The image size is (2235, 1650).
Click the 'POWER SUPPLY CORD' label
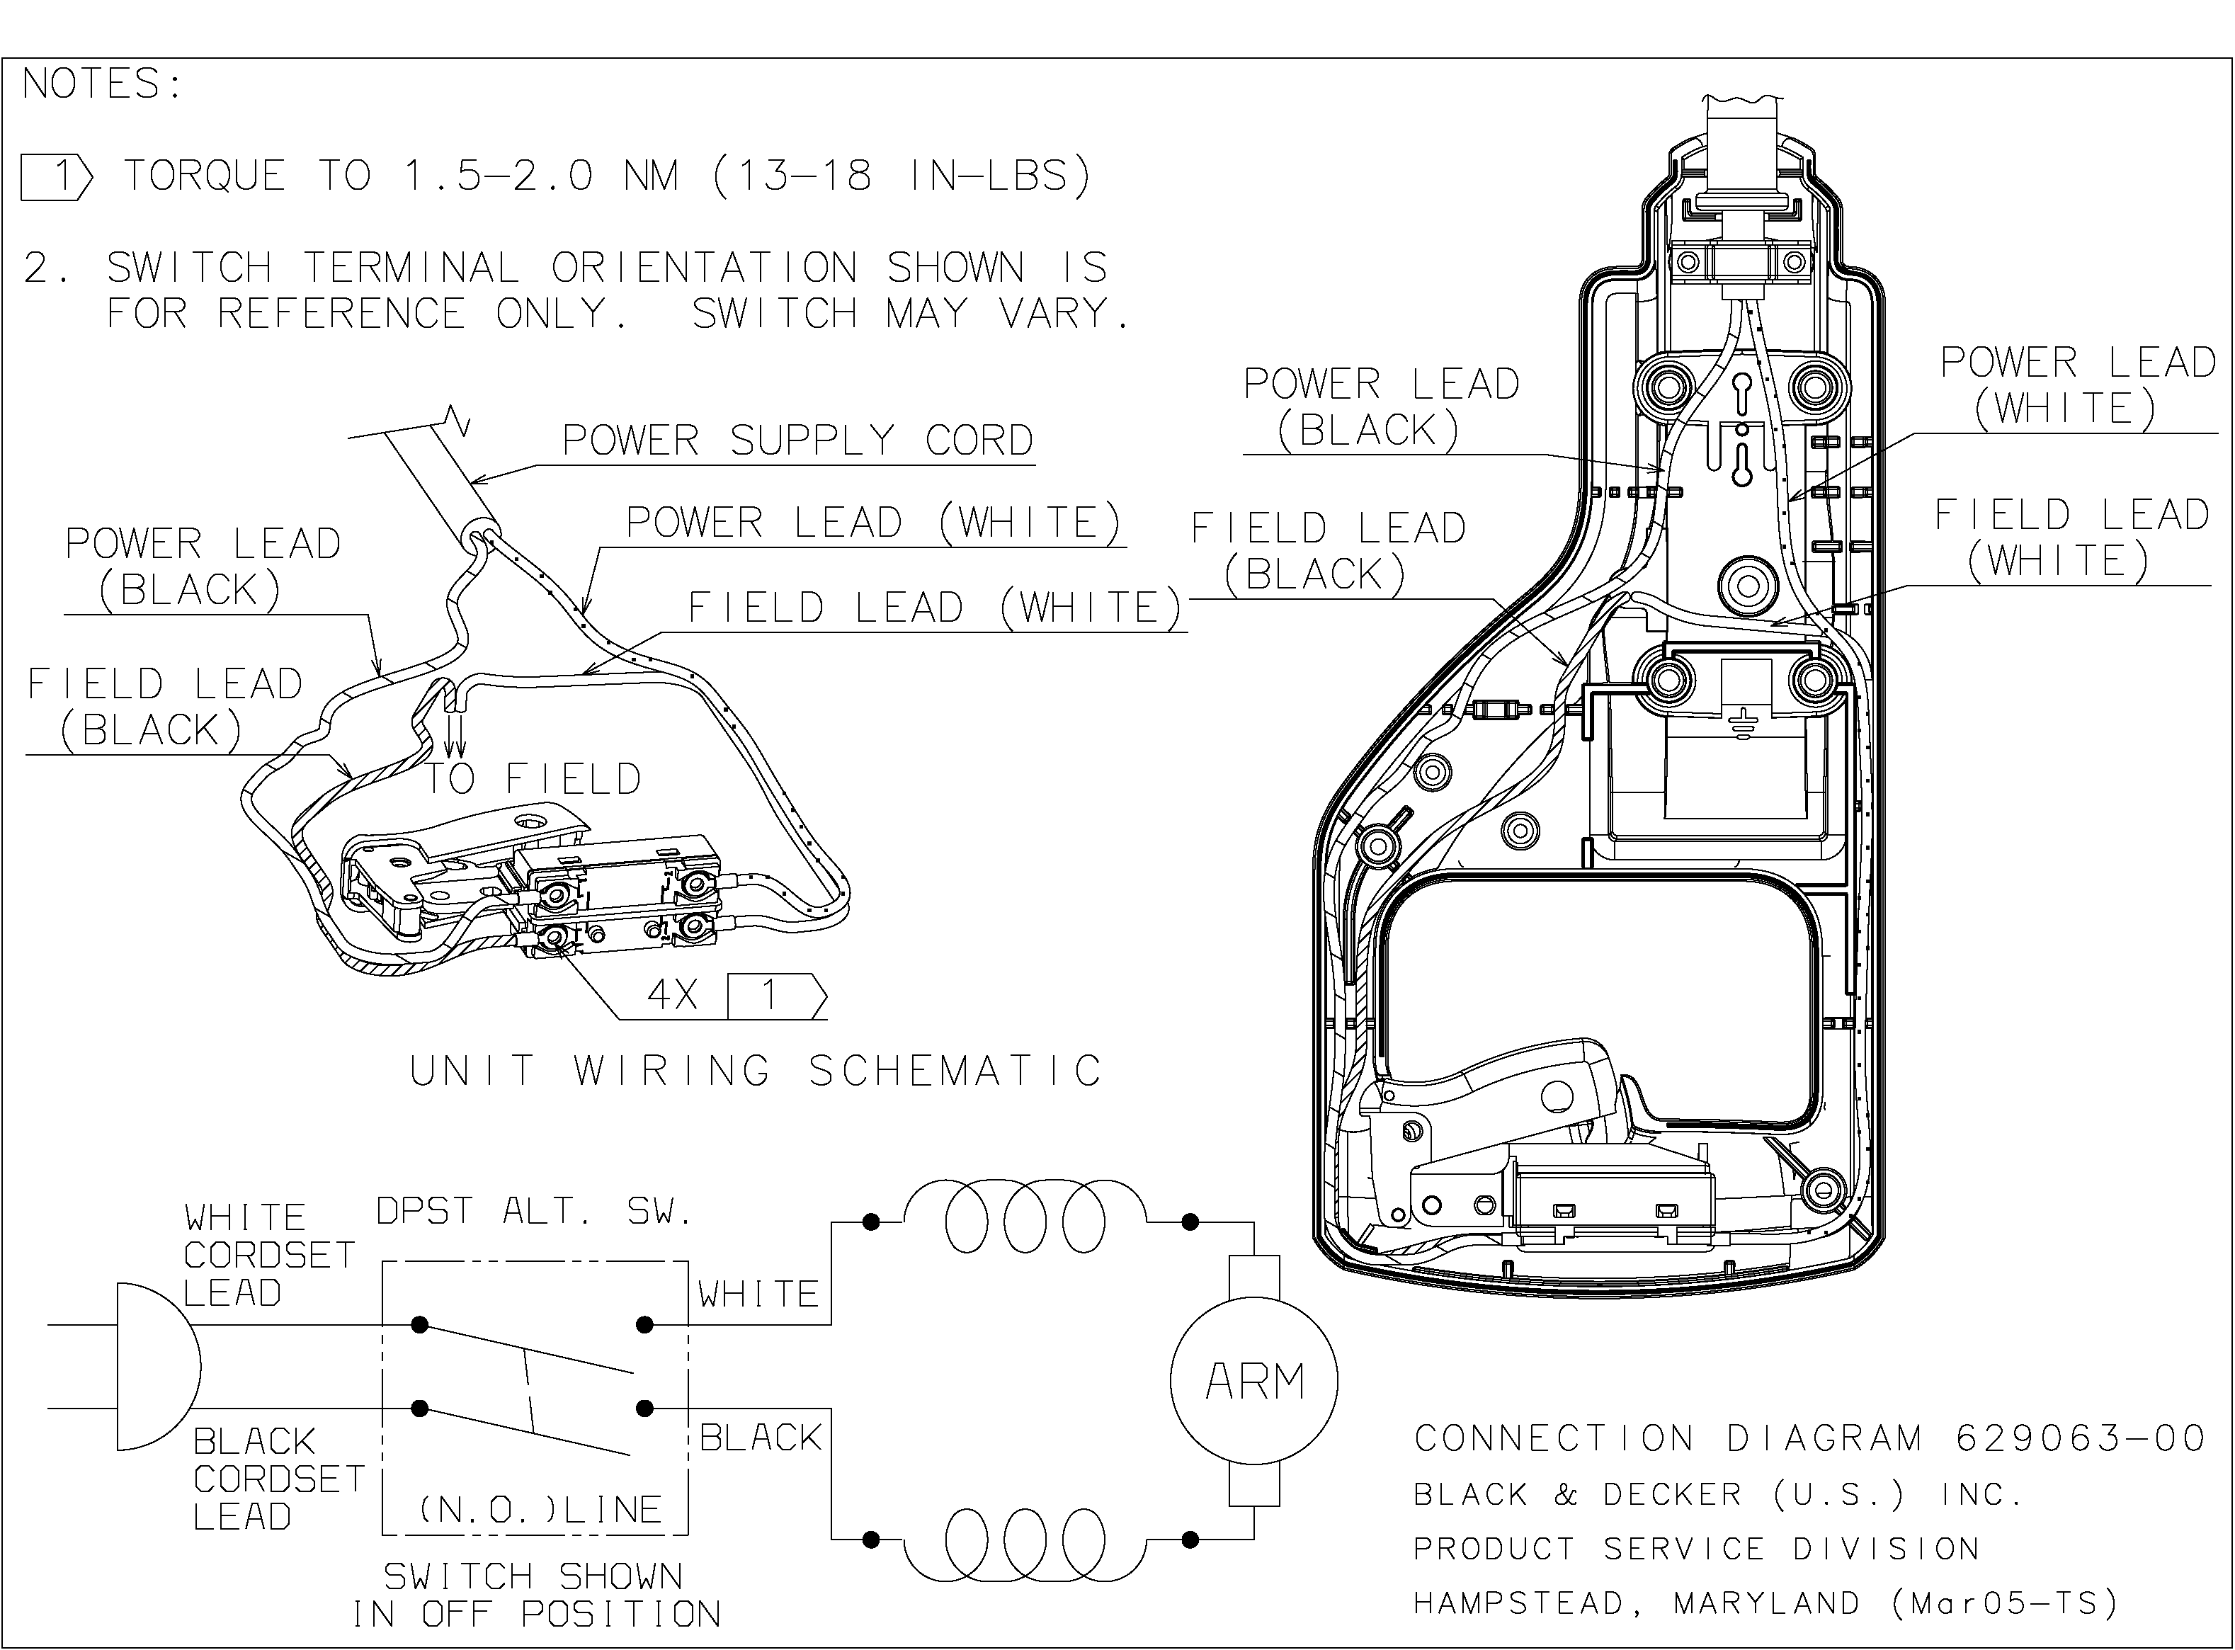tap(797, 440)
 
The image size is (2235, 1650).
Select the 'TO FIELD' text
tap(533, 779)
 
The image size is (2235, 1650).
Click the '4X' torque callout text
tap(673, 995)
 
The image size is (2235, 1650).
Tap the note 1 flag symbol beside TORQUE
tap(56, 177)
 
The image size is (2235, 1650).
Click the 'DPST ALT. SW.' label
tap(533, 1212)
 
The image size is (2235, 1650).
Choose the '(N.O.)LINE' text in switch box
tap(540, 1509)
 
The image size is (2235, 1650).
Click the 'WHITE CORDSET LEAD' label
tap(268, 1254)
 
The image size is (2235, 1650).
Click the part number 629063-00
tap(2079, 1438)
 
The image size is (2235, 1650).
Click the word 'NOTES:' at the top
tap(102, 84)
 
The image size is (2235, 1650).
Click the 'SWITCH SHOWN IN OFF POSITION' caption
tap(535, 1595)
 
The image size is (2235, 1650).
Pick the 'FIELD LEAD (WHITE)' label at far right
tap(2070, 537)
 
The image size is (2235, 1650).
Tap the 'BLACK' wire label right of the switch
tap(760, 1438)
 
